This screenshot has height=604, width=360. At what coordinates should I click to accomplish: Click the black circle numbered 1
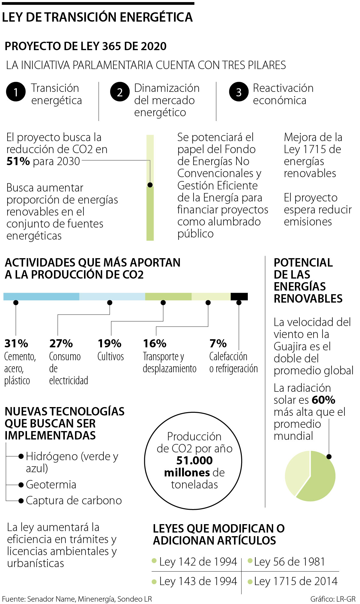16,92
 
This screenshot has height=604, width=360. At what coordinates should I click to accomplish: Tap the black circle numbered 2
120,92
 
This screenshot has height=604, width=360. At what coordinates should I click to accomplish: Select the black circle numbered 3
238,92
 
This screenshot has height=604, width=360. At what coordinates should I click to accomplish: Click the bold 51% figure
18,162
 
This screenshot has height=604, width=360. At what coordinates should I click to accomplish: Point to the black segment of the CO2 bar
239,297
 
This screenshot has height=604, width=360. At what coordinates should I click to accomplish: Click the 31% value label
16,343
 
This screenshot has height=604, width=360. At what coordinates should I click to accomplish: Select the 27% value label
61,343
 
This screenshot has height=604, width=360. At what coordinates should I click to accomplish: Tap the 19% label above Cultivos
109,343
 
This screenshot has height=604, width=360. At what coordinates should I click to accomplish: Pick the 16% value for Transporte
154,343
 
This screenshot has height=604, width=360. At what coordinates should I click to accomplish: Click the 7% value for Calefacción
218,343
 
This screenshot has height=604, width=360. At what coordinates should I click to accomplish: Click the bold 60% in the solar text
323,400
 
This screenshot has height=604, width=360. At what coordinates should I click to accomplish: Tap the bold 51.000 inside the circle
194,461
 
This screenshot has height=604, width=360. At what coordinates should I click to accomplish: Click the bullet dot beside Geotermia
21,485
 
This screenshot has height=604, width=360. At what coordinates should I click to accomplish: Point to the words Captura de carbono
74,500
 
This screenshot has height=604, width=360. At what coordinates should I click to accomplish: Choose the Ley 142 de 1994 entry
198,562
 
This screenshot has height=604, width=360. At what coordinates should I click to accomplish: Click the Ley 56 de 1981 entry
289,562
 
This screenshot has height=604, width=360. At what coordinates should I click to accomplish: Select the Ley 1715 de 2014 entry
295,581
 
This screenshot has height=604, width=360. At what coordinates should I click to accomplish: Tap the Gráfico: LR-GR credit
333,599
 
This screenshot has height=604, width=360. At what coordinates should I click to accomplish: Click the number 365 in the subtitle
112,46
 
